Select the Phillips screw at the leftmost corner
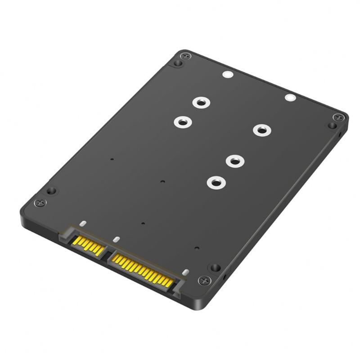click(x=39, y=202)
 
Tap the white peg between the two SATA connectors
click(x=116, y=239)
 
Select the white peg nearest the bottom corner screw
click(x=184, y=273)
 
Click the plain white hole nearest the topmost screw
click(x=227, y=75)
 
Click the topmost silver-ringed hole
click(x=200, y=102)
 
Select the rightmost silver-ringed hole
click(x=261, y=130)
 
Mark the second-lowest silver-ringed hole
click(x=234, y=161)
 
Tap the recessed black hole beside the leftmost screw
click(x=51, y=190)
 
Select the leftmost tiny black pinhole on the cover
click(x=112, y=159)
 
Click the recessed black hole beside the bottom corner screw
click(x=216, y=267)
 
